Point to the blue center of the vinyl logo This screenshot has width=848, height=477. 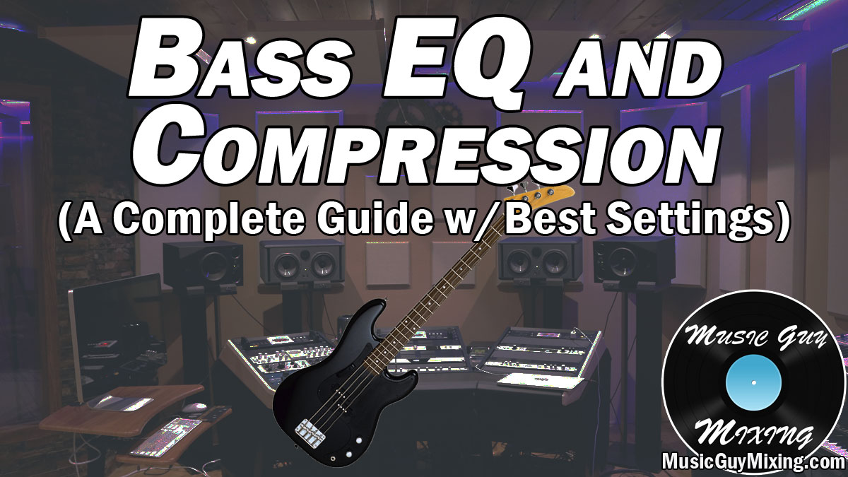click(753, 383)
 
